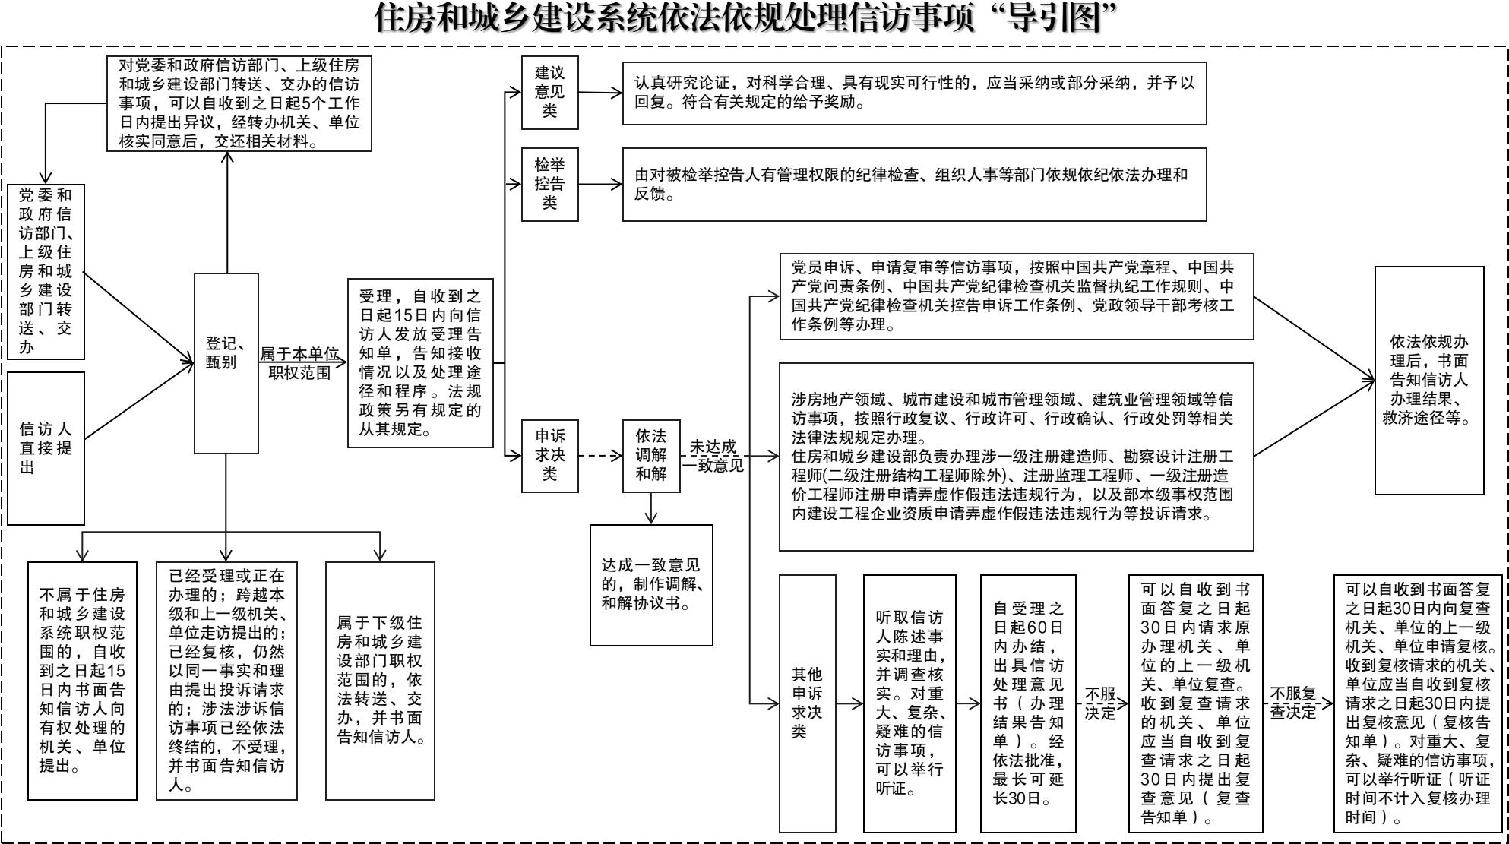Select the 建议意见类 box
tap(549, 93)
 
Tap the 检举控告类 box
tap(549, 184)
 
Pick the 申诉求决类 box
tap(549, 455)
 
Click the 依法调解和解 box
tap(651, 455)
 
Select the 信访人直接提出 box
tap(46, 447)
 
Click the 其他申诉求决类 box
tap(807, 703)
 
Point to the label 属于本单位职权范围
tap(299, 363)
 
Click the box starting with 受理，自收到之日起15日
tap(420, 363)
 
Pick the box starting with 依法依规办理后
tap(1428, 380)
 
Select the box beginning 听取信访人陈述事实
tap(909, 703)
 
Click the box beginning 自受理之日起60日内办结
tap(1027, 703)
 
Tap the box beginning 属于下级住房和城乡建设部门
tap(380, 680)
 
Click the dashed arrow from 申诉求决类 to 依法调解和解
tap(599, 456)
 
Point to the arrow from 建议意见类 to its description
tap(599, 93)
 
